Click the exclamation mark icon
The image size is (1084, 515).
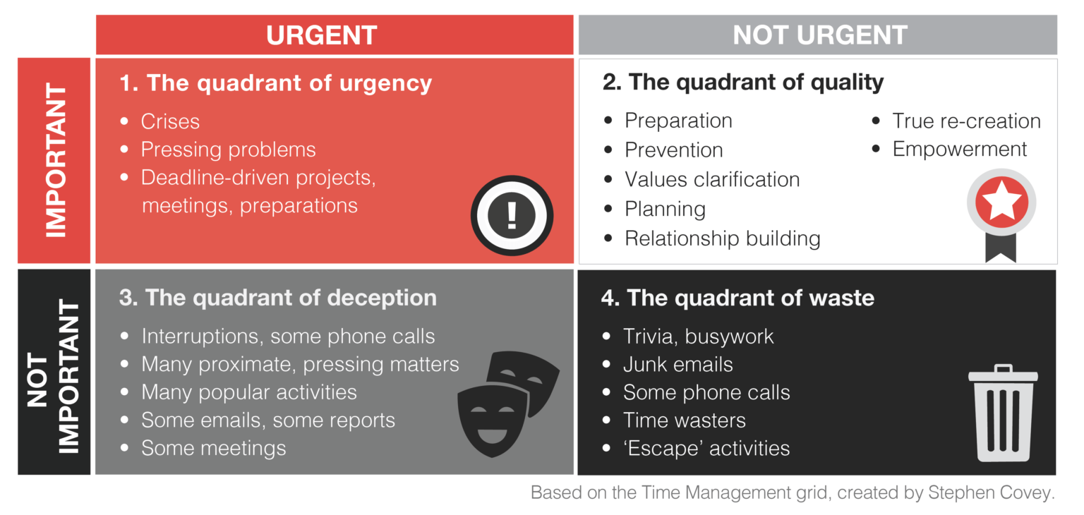pyautogui.click(x=512, y=215)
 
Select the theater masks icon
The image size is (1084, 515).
pyautogui.click(x=508, y=404)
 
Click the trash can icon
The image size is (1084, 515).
pyautogui.click(x=1003, y=413)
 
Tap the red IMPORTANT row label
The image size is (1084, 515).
pyautogui.click(x=54, y=161)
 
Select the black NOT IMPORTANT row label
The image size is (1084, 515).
pyautogui.click(x=54, y=372)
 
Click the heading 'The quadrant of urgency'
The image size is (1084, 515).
pyautogui.click(x=289, y=83)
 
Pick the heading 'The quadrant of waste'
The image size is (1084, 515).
pyautogui.click(x=751, y=298)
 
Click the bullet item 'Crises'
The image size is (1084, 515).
pyautogui.click(x=170, y=121)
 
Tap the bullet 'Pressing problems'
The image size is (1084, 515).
pyautogui.click(x=228, y=150)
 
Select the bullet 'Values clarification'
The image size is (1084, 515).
pyautogui.click(x=712, y=179)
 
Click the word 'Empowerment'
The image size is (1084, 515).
pyautogui.click(x=960, y=150)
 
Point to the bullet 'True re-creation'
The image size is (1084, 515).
pyautogui.click(x=966, y=121)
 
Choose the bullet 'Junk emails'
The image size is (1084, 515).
pyautogui.click(x=678, y=365)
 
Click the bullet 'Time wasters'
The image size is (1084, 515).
pyautogui.click(x=685, y=420)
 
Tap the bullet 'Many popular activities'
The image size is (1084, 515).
pyautogui.click(x=248, y=392)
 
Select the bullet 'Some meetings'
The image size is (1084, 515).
pyautogui.click(x=213, y=448)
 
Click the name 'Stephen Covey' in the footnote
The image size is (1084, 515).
pyautogui.click(x=991, y=492)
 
